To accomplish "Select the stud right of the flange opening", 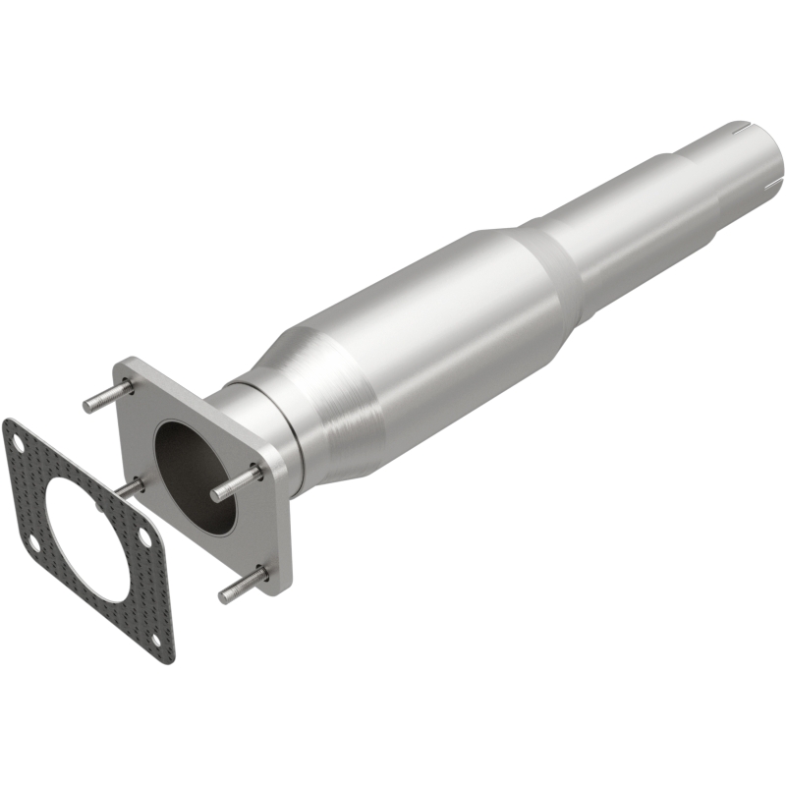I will click(236, 482).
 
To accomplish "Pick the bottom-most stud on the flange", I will click(242, 588).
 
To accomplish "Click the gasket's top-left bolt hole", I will click(16, 440).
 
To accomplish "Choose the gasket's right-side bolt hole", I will click(144, 537).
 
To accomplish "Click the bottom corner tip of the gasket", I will click(169, 655).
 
